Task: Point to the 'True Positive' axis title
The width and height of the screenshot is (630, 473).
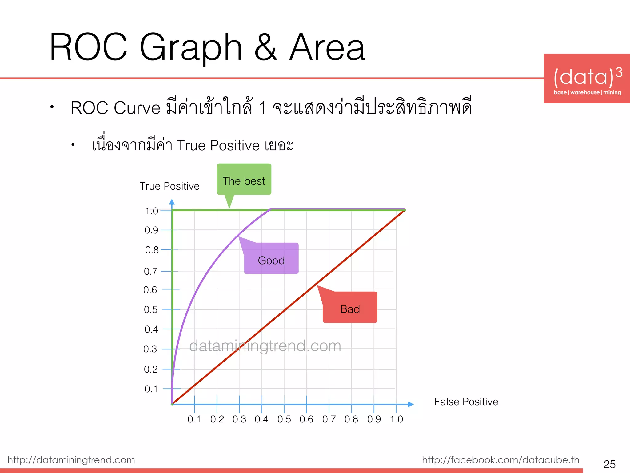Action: pyautogui.click(x=169, y=186)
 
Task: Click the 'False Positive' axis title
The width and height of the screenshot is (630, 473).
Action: pyautogui.click(x=466, y=402)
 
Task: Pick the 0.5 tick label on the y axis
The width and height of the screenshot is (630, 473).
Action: pyautogui.click(x=151, y=309)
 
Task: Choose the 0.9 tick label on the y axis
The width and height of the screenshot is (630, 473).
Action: pyautogui.click(x=151, y=230)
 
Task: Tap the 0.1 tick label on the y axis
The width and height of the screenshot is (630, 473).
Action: pyautogui.click(x=151, y=389)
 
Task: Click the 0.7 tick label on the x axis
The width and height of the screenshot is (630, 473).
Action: pyautogui.click(x=329, y=419)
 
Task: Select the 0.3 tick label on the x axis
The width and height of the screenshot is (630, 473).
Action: pyautogui.click(x=239, y=419)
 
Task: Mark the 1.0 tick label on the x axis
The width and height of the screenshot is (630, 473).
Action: pyautogui.click(x=397, y=419)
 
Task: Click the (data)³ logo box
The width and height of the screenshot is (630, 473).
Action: pyautogui.click(x=587, y=79)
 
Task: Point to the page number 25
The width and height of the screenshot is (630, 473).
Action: pyautogui.click(x=609, y=464)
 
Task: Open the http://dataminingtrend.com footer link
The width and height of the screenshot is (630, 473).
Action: pyautogui.click(x=71, y=460)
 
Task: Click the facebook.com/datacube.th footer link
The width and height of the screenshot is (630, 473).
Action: pyautogui.click(x=500, y=460)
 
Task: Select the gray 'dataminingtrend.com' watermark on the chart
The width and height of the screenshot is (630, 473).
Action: pyautogui.click(x=265, y=346)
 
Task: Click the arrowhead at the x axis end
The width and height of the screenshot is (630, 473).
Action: pyautogui.click(x=411, y=404)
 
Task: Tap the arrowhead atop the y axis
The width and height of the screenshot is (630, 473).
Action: pyautogui.click(x=172, y=202)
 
